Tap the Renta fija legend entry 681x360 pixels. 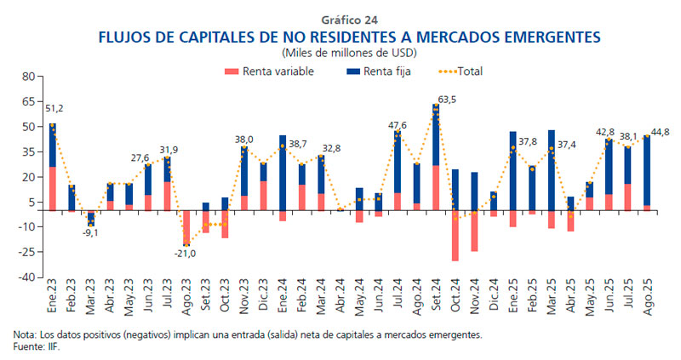379,71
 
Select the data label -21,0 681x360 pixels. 186,254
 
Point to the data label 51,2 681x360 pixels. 55,109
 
